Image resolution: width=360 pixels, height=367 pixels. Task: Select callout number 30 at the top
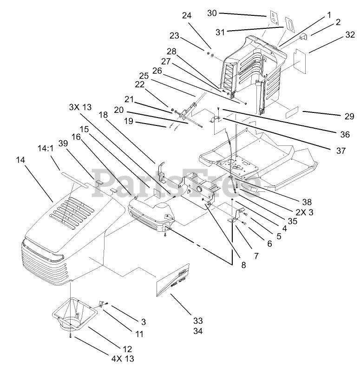[212, 13]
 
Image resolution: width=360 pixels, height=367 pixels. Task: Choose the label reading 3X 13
[81, 107]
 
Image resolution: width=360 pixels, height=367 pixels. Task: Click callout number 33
[198, 321]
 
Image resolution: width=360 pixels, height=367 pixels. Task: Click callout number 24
[187, 15]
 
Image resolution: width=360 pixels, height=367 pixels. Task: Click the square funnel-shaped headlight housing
[73, 316]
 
